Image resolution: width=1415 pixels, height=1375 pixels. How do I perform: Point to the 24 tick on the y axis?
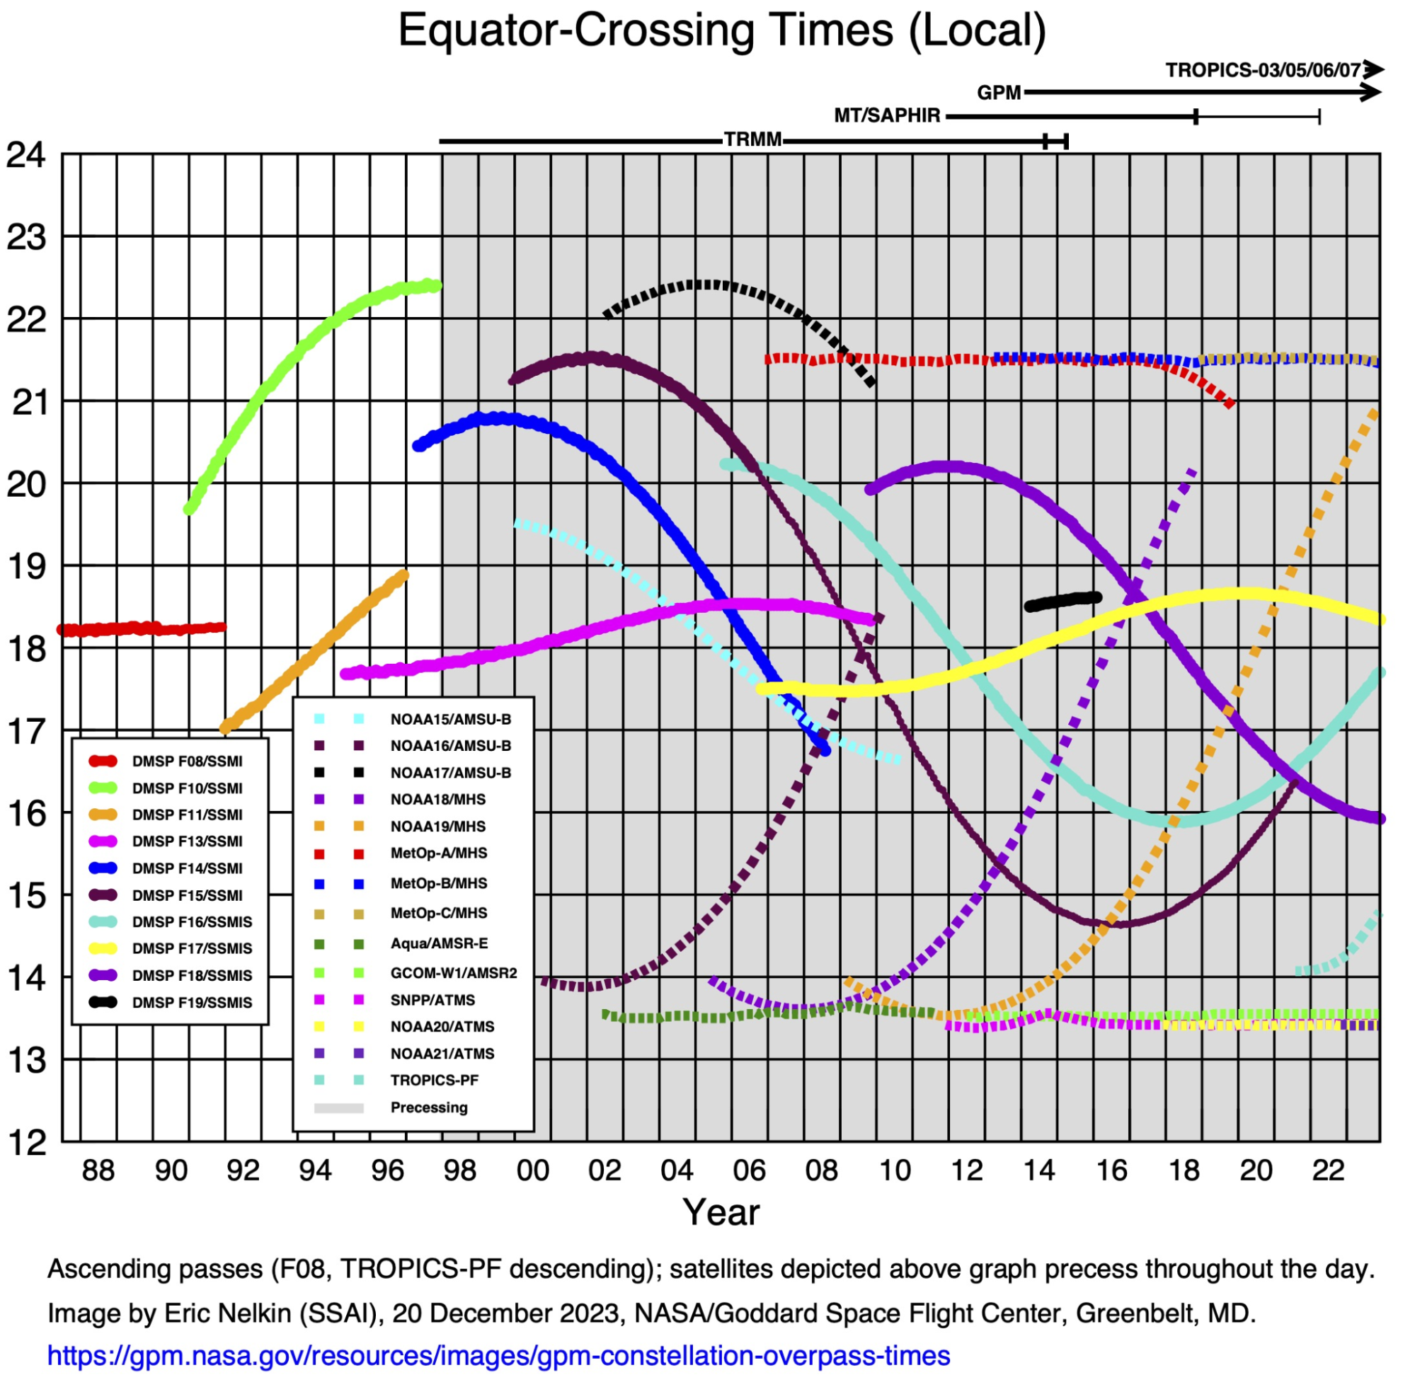(x=26, y=155)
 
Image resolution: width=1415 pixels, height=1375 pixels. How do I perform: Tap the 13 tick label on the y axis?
(x=26, y=1060)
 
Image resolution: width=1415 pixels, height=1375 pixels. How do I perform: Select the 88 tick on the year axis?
(x=98, y=1170)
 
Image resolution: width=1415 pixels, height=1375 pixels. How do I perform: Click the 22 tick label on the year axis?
(x=1328, y=1170)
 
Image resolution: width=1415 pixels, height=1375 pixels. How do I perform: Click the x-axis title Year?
(x=721, y=1212)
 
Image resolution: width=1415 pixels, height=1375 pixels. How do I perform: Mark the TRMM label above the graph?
(x=752, y=139)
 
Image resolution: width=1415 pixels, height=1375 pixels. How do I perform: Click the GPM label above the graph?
(x=999, y=93)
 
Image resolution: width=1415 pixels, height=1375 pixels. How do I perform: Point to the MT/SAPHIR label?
(x=887, y=115)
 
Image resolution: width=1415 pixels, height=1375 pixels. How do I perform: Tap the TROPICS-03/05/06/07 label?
(x=1263, y=70)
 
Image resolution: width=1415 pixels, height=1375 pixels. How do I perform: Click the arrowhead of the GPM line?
(x=1371, y=93)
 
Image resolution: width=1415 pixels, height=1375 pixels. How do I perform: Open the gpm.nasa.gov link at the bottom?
(x=498, y=1355)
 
